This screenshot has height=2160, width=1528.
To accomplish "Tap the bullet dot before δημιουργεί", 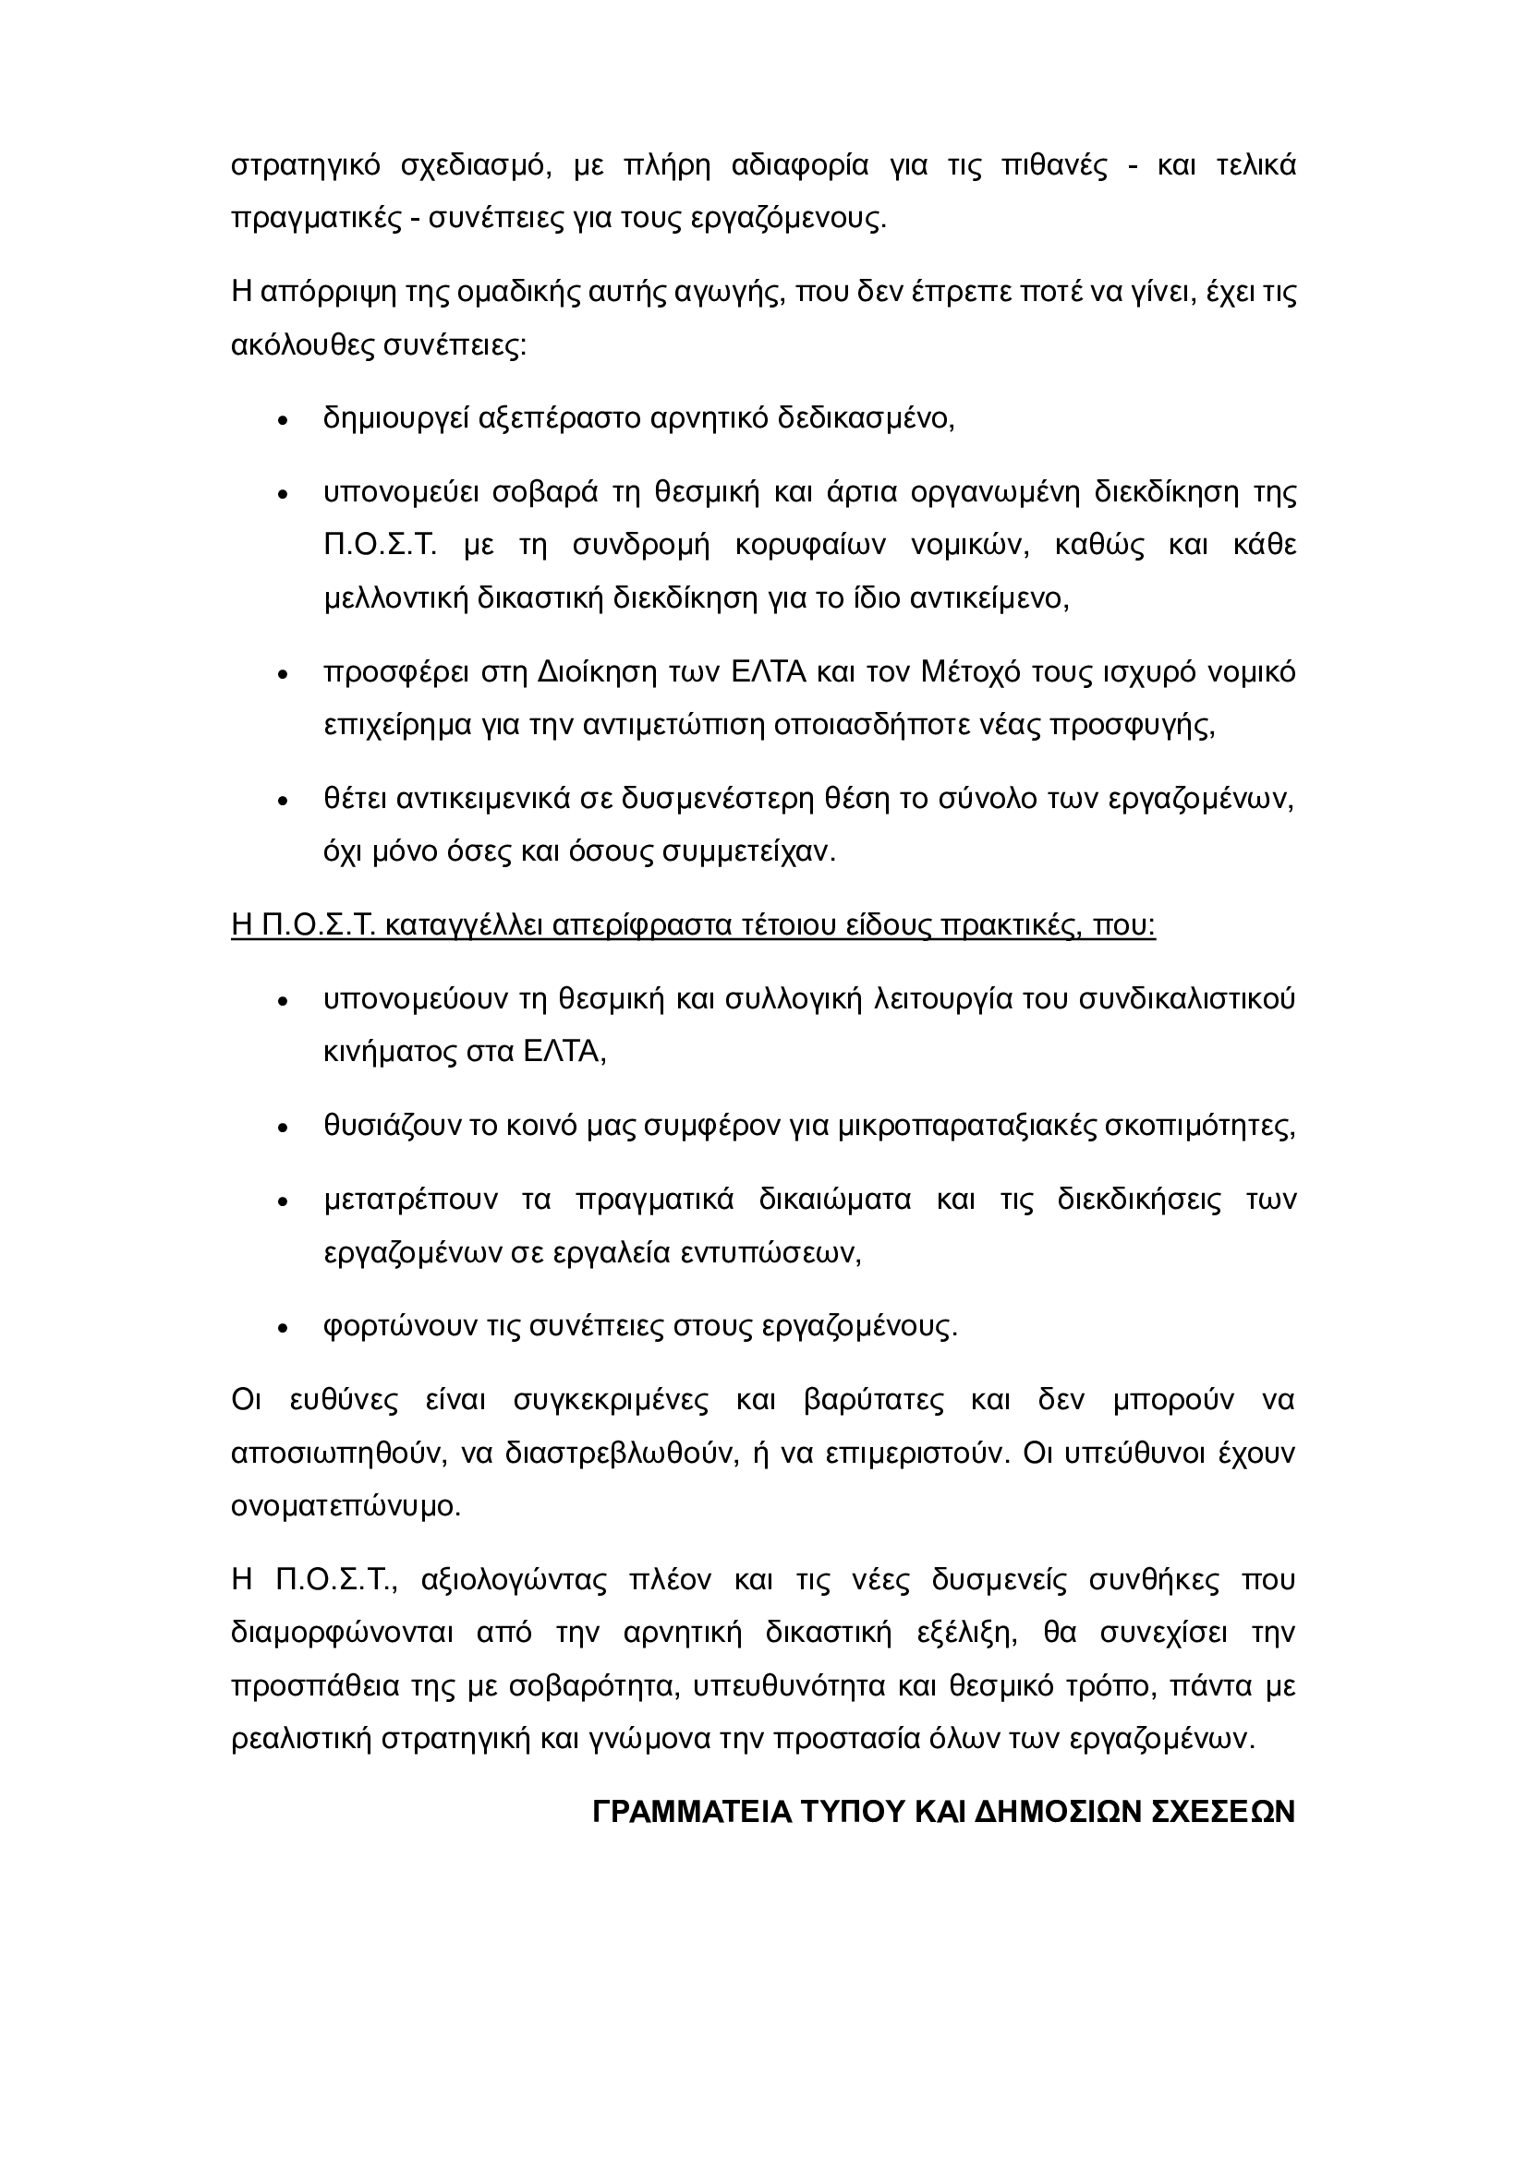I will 283,419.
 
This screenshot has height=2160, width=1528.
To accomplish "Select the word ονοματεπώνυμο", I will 346,1506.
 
